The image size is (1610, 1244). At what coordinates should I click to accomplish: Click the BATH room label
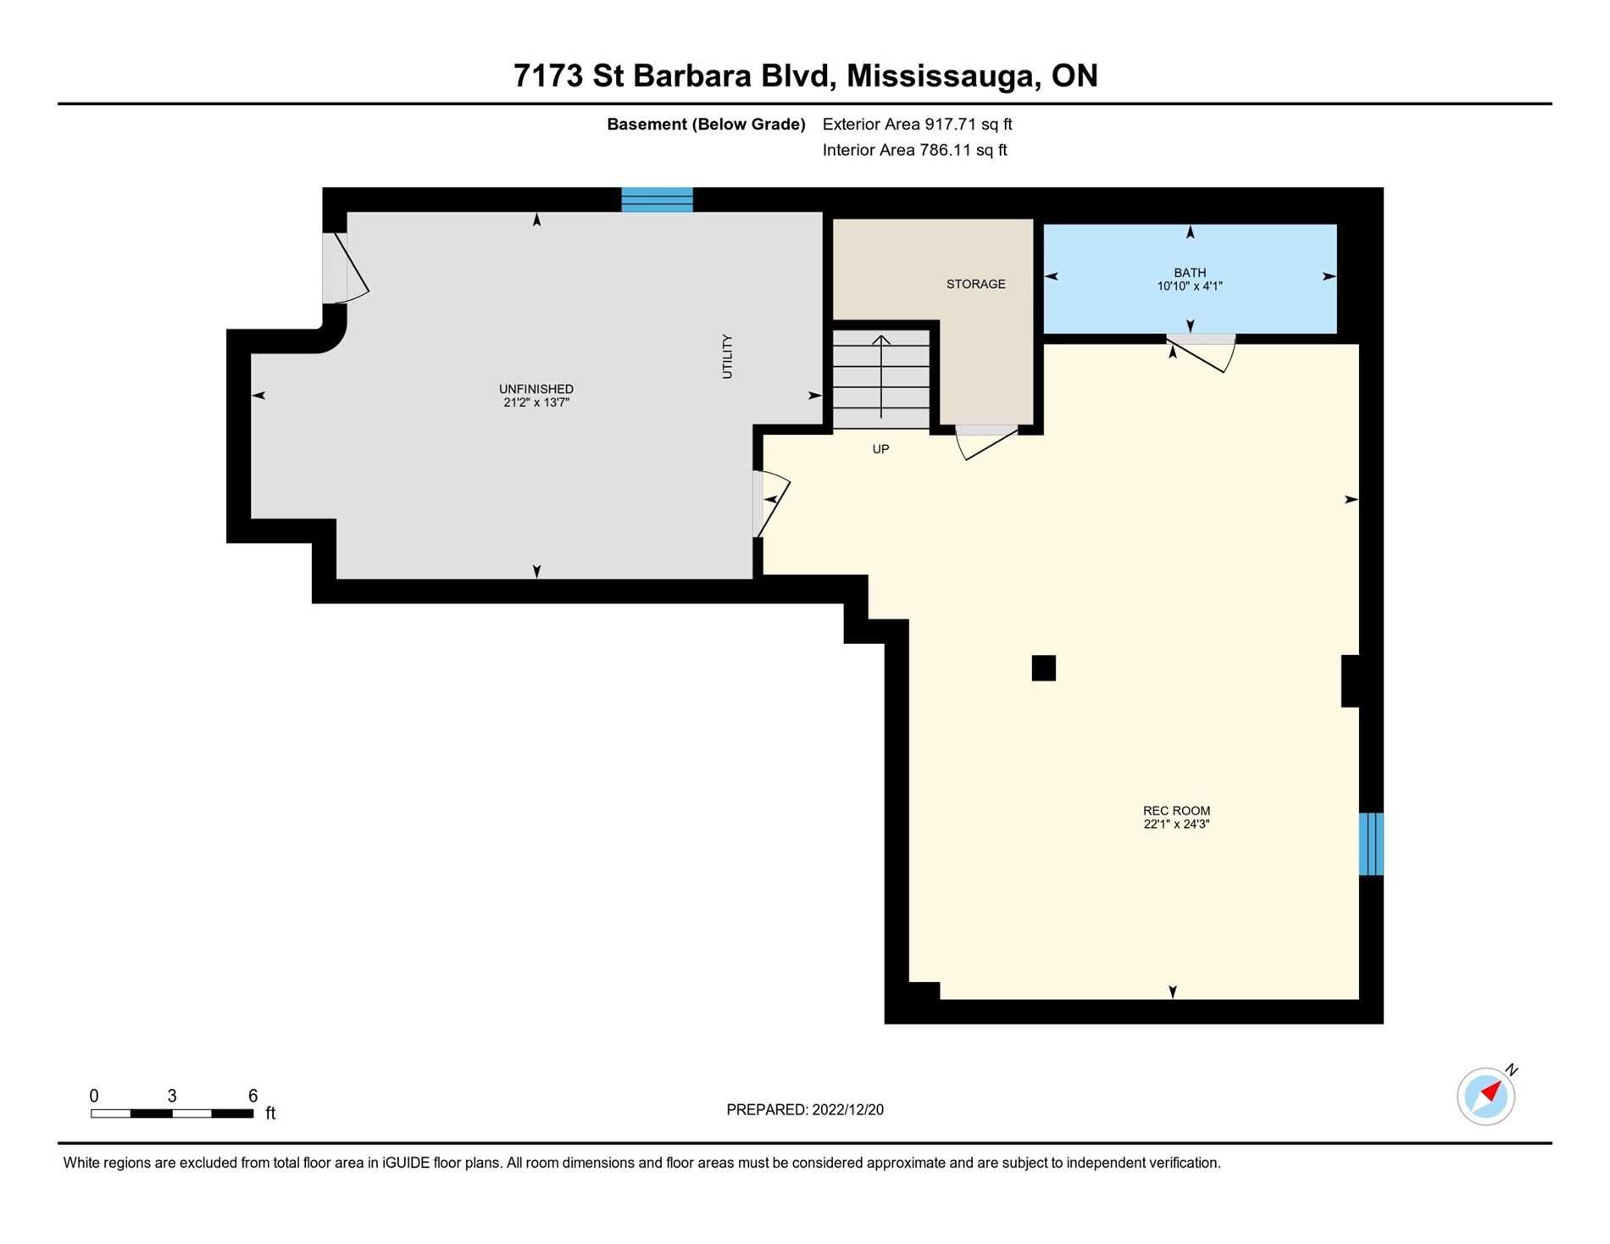1189,272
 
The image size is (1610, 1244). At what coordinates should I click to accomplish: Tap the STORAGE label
975,284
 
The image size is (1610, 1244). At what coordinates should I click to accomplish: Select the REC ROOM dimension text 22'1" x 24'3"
1175,824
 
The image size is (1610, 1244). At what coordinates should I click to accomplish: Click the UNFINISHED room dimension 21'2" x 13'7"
536,403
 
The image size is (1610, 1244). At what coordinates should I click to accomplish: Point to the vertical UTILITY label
727,356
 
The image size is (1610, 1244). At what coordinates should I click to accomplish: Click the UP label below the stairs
880,449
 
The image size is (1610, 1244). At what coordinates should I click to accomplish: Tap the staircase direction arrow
881,377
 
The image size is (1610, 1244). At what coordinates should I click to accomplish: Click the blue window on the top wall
657,199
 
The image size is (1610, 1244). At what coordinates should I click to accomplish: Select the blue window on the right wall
1370,844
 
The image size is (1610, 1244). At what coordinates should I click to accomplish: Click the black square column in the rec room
1043,668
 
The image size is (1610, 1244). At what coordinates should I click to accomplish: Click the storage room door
986,442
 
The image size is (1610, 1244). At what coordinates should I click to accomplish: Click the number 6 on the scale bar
253,1096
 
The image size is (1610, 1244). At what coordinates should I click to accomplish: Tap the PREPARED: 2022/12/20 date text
804,1109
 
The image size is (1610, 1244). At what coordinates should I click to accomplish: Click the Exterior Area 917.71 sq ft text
917,125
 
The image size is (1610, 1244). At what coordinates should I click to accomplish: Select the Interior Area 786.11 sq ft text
914,150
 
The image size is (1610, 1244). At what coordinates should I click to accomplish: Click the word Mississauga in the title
943,76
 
